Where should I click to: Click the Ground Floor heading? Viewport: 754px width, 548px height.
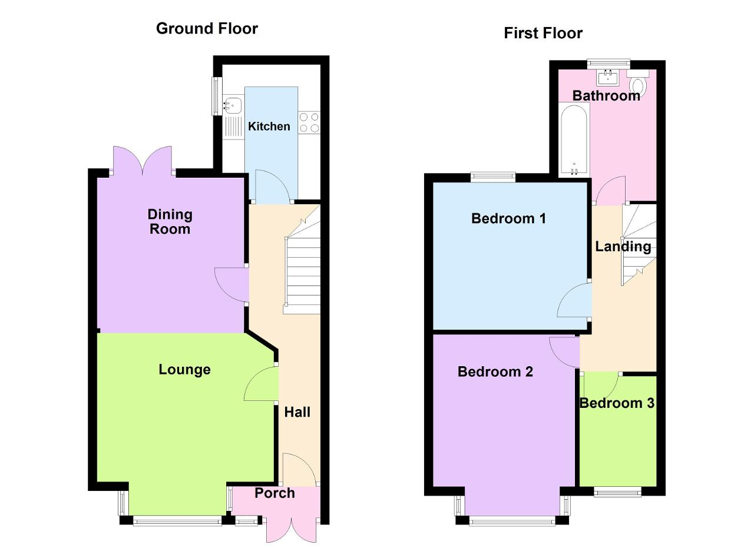207,29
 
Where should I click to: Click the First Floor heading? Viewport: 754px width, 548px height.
543,34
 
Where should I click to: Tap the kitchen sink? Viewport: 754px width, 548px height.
232,105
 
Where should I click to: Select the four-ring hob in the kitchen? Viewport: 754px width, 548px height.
309,122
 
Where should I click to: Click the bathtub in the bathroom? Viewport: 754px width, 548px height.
574,140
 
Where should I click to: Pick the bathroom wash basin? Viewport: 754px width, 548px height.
608,77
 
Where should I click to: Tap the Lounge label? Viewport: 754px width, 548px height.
184,370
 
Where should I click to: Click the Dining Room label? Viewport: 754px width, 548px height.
170,222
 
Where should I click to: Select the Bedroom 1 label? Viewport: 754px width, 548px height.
508,218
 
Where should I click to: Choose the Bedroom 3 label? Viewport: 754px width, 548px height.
617,403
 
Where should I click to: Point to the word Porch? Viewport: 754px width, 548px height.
275,493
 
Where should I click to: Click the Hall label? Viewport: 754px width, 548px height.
297,412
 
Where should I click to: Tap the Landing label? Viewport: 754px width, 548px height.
623,247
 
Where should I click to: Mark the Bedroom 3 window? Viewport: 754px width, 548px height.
617,492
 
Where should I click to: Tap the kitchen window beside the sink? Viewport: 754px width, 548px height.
217,96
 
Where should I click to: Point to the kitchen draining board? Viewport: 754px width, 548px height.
232,127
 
